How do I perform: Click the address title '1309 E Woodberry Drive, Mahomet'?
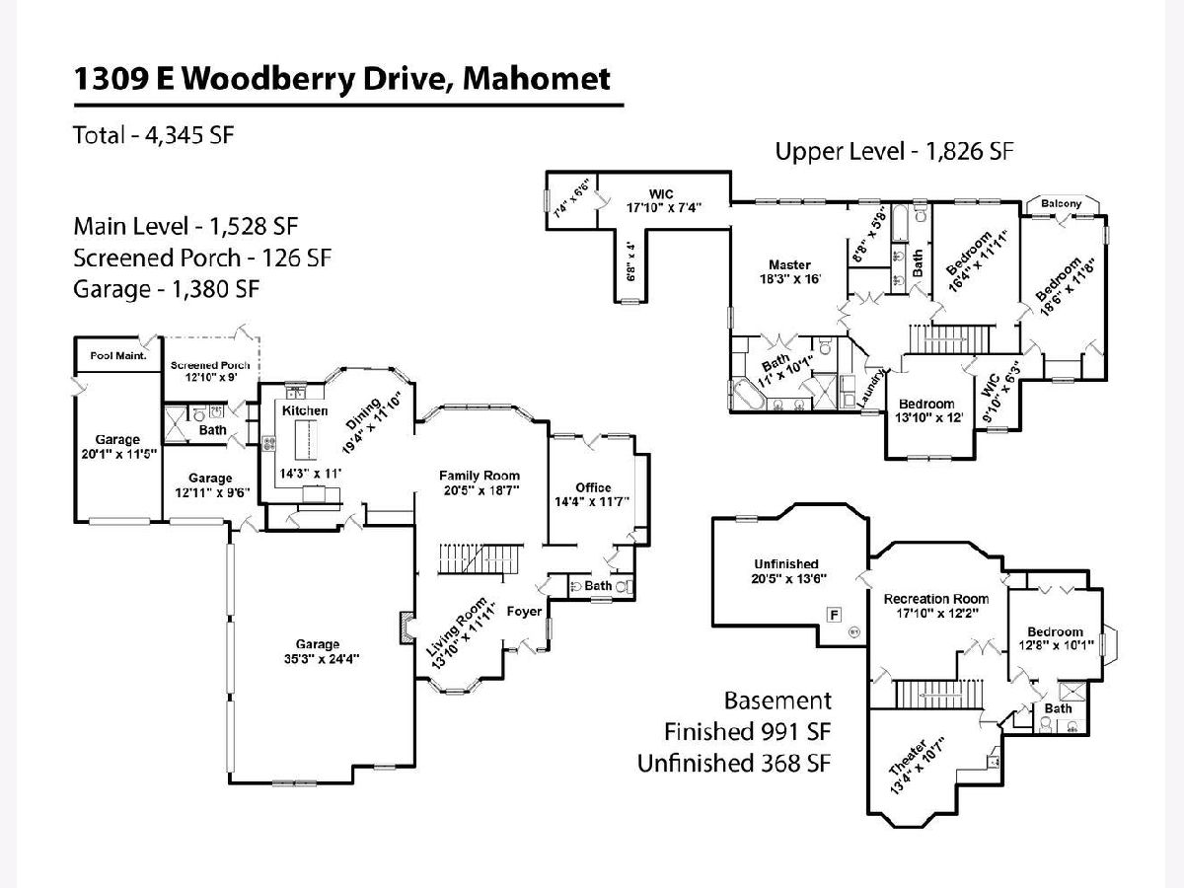(x=341, y=79)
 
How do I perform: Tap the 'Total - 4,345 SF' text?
(x=153, y=135)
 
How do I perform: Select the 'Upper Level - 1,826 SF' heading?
(x=894, y=151)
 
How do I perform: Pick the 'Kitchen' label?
(x=305, y=410)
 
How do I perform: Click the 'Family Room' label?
(x=480, y=477)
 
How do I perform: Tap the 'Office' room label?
(x=593, y=487)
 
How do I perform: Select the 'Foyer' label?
(x=524, y=612)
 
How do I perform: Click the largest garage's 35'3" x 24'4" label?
(x=317, y=651)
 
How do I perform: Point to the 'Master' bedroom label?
(x=789, y=264)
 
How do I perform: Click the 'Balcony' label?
(x=1062, y=204)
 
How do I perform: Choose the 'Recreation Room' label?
(x=935, y=599)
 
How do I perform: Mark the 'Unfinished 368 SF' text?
(x=734, y=763)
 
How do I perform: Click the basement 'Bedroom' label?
(x=1055, y=631)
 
